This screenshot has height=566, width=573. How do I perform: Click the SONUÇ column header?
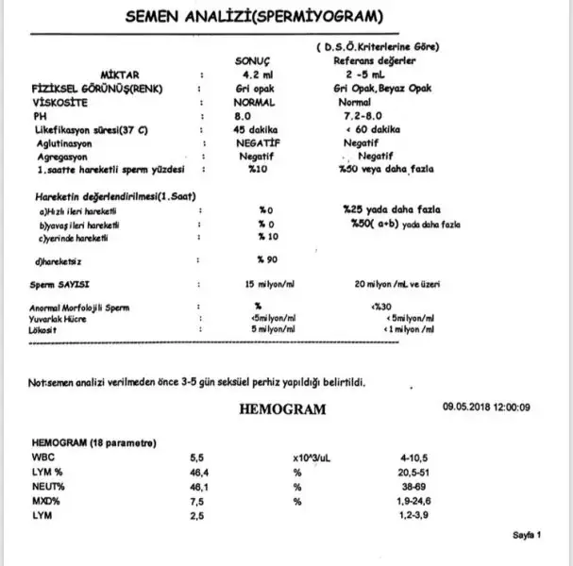259,60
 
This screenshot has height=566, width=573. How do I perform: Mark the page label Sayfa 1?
526,534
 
